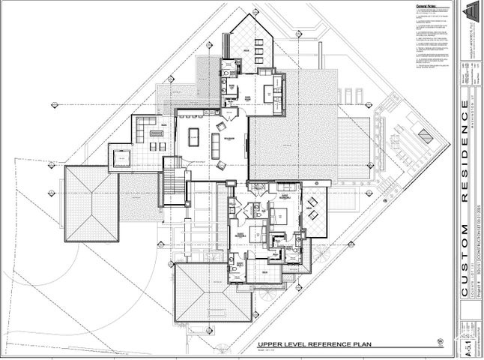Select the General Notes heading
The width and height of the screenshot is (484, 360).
[425, 7]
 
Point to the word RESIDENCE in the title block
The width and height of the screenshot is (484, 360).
[465, 172]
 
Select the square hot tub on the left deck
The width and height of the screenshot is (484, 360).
[120, 157]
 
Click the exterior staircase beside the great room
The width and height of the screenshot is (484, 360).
[173, 180]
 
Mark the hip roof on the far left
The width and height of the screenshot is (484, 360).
[91, 204]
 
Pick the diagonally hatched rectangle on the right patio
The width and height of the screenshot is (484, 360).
[424, 136]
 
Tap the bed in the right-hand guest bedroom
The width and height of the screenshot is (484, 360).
[276, 218]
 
